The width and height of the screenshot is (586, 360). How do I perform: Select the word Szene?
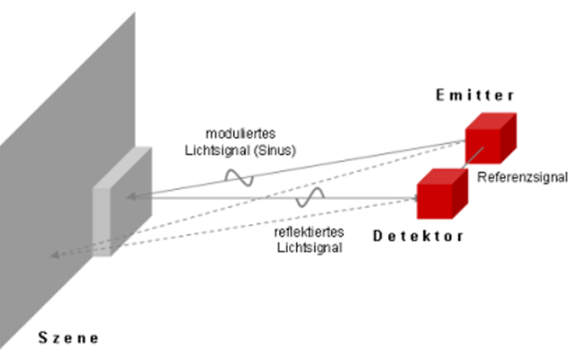[x=68, y=338]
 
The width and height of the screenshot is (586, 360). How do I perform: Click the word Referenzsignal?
[x=522, y=177]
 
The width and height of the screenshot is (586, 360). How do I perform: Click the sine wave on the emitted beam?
[x=239, y=177]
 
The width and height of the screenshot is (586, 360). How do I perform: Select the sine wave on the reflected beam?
[x=311, y=198]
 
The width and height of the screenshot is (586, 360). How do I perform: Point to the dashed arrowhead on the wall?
[x=55, y=256]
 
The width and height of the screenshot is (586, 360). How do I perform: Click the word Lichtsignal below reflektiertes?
[x=308, y=247]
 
